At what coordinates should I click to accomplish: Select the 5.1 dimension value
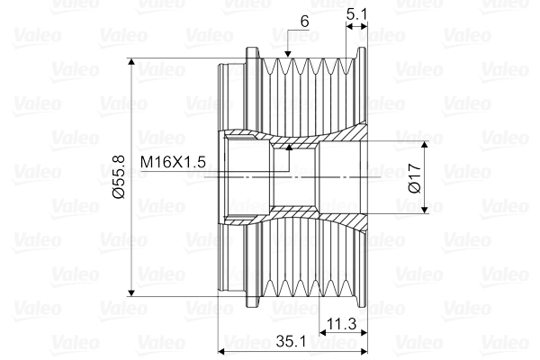click(355, 13)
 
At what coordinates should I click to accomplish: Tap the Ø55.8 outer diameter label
click(119, 177)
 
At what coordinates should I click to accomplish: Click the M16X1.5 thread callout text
click(174, 161)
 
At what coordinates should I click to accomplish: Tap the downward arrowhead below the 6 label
click(286, 59)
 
